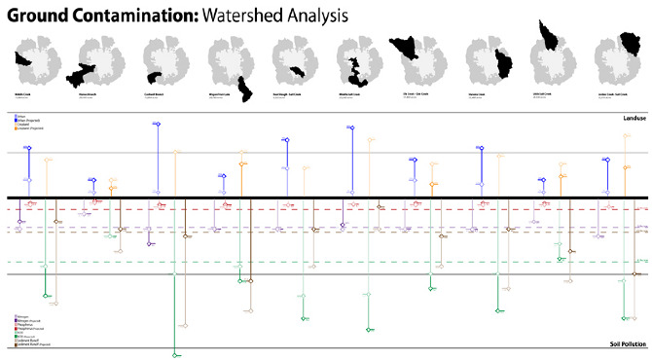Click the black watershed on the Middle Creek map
tap(23, 59)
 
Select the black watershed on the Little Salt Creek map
tap(548, 35)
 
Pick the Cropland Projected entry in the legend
tap(27, 127)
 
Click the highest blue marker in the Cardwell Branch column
tap(157, 124)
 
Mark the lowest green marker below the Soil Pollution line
tap(174, 355)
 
